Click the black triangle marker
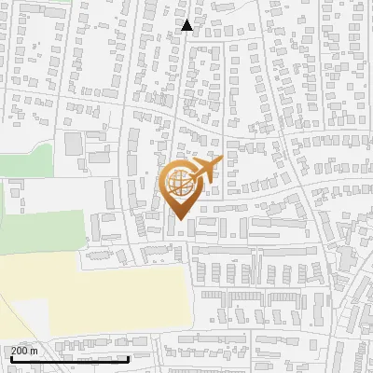pos(187,25)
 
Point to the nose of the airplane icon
pos(221,163)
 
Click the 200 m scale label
pos(24,350)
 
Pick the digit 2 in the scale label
pos(14,350)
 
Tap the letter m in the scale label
pos(35,350)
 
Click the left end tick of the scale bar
pos(10,358)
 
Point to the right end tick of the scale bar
pos(128,358)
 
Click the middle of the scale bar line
pos(69,359)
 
